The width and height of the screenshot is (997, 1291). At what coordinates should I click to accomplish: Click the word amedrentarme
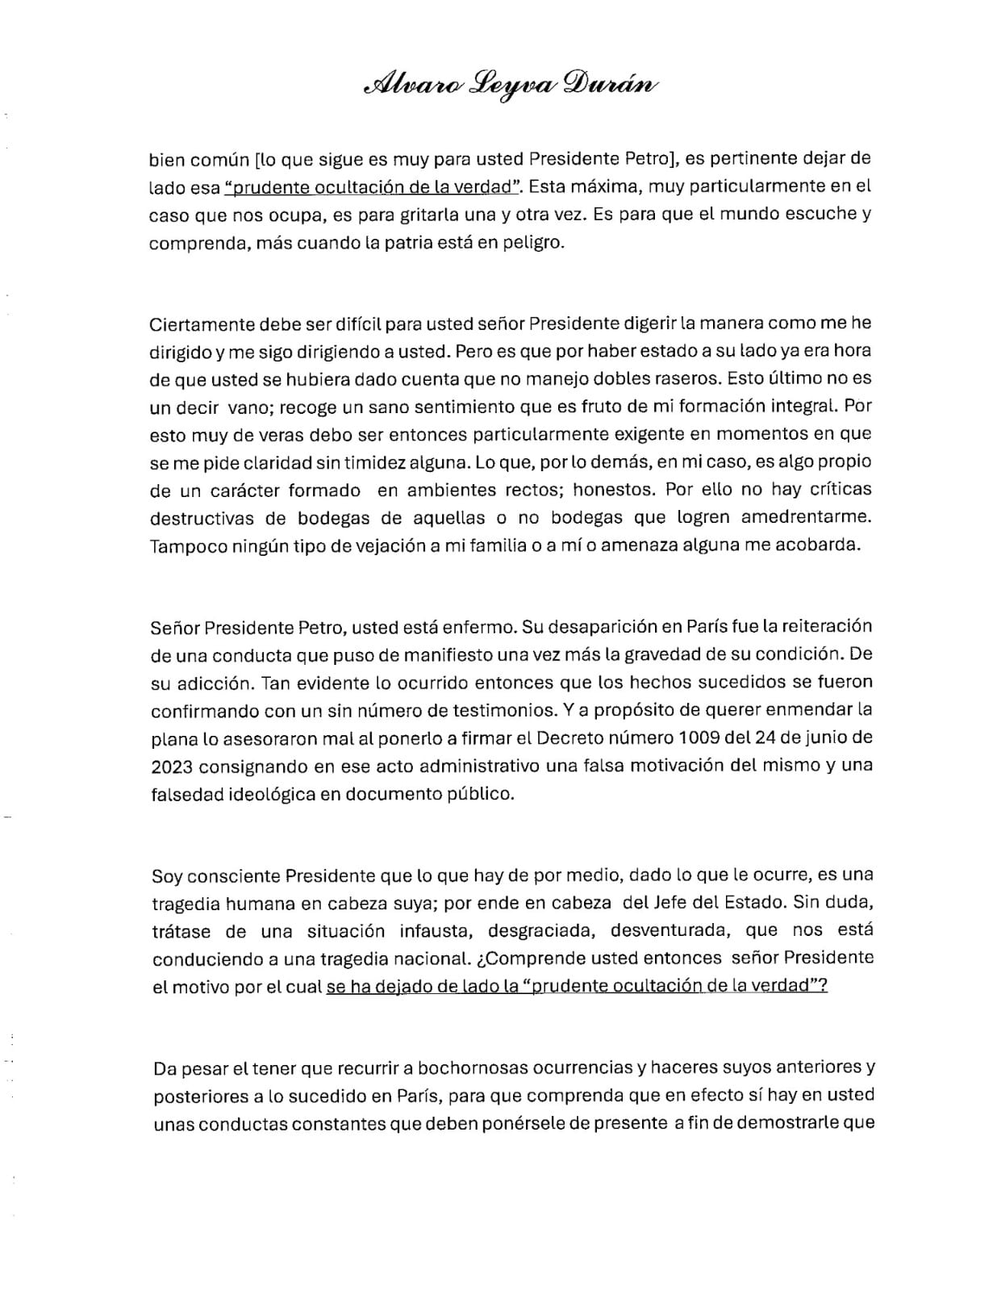(x=807, y=516)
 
